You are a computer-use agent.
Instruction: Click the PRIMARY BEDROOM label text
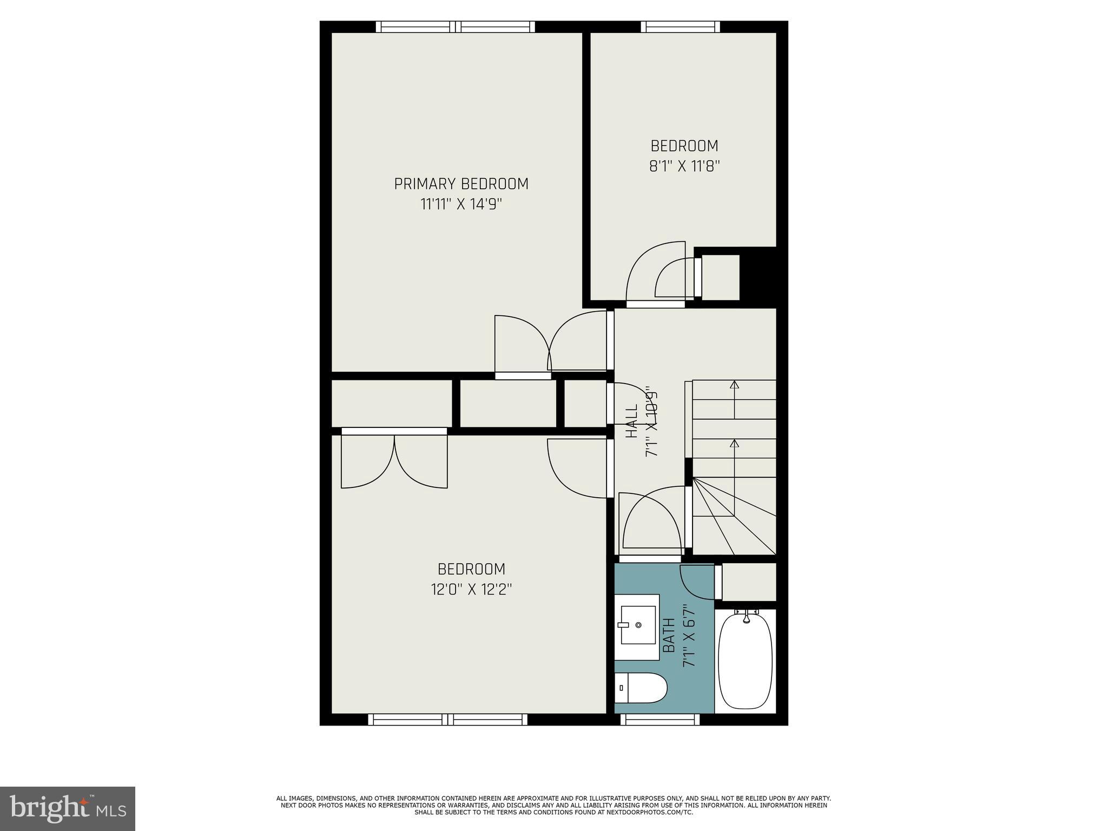coord(461,184)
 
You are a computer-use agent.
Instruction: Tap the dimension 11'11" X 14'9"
coord(461,205)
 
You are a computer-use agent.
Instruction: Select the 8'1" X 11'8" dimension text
coord(684,166)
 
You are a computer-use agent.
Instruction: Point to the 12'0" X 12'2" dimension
coord(471,589)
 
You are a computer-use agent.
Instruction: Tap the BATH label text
coord(669,635)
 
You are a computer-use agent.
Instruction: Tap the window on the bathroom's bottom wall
coord(659,720)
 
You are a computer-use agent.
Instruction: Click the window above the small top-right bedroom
coord(680,27)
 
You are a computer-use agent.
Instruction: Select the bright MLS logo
coord(68,808)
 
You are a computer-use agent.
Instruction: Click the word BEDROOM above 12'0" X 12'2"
coord(471,569)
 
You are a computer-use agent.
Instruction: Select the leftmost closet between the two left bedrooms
coord(391,403)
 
